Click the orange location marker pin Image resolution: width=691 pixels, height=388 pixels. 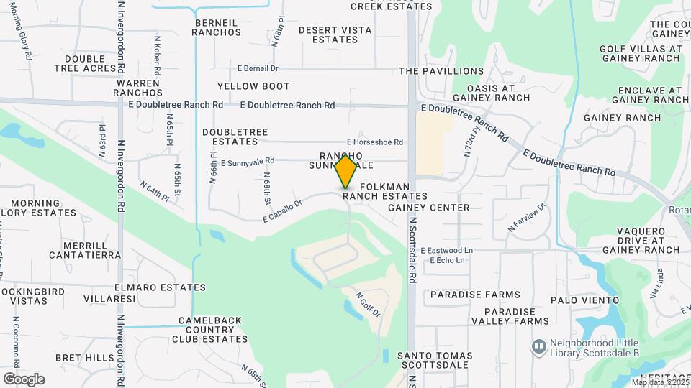(x=346, y=171)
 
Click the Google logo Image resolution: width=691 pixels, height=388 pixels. (x=24, y=379)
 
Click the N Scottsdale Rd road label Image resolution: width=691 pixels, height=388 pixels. (x=413, y=249)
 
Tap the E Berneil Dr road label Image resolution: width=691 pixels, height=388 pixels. (x=257, y=68)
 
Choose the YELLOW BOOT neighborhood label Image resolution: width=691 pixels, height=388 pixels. (x=253, y=86)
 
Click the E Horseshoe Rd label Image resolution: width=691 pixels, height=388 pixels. (x=374, y=142)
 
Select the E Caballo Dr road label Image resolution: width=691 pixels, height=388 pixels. (x=281, y=210)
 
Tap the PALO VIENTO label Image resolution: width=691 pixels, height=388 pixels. (x=584, y=300)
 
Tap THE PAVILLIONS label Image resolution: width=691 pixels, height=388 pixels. (x=441, y=71)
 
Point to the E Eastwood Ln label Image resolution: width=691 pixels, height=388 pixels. (x=447, y=250)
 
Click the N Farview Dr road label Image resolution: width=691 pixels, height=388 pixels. (x=528, y=217)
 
